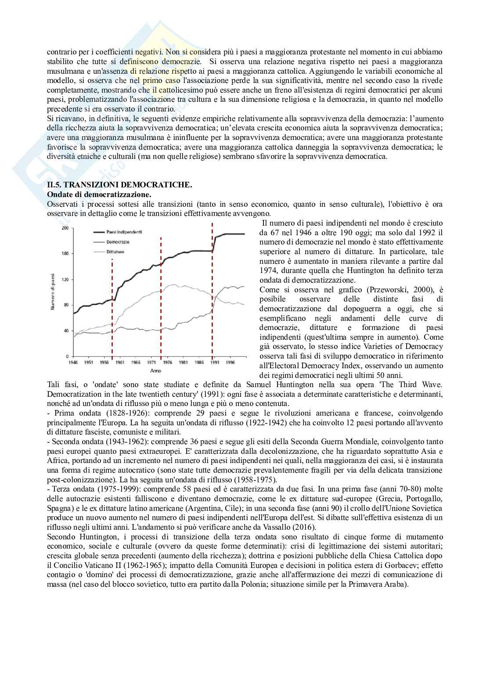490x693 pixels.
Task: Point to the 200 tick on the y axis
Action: [x=66, y=228]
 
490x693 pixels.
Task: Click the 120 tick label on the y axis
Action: [x=66, y=279]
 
